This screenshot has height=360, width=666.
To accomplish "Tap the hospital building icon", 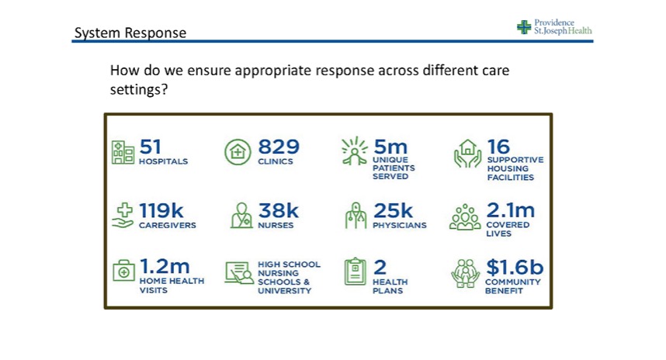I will click(123, 152).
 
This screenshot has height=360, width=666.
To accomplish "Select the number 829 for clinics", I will click(279, 147).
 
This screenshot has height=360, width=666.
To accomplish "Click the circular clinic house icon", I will click(238, 152).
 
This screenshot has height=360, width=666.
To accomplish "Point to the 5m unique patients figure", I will click(390, 147).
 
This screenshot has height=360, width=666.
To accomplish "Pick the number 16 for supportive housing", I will click(498, 147).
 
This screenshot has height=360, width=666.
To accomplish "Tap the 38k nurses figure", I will click(278, 210).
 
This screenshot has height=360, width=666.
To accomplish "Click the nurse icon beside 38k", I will click(241, 216).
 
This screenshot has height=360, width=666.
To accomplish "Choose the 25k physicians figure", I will click(394, 210).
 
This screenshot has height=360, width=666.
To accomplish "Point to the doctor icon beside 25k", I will click(355, 216).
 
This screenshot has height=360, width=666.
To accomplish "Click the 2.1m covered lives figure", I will click(511, 210).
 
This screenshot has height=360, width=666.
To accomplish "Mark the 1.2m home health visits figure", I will click(165, 267).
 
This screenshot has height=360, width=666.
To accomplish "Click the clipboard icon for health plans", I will click(355, 272).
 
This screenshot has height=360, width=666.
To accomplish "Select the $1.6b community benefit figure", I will click(515, 267).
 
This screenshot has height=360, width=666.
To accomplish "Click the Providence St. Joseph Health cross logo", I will click(524, 27).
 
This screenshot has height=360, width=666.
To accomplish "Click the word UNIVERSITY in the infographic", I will click(284, 291).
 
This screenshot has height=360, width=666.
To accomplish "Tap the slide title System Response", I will click(130, 33).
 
